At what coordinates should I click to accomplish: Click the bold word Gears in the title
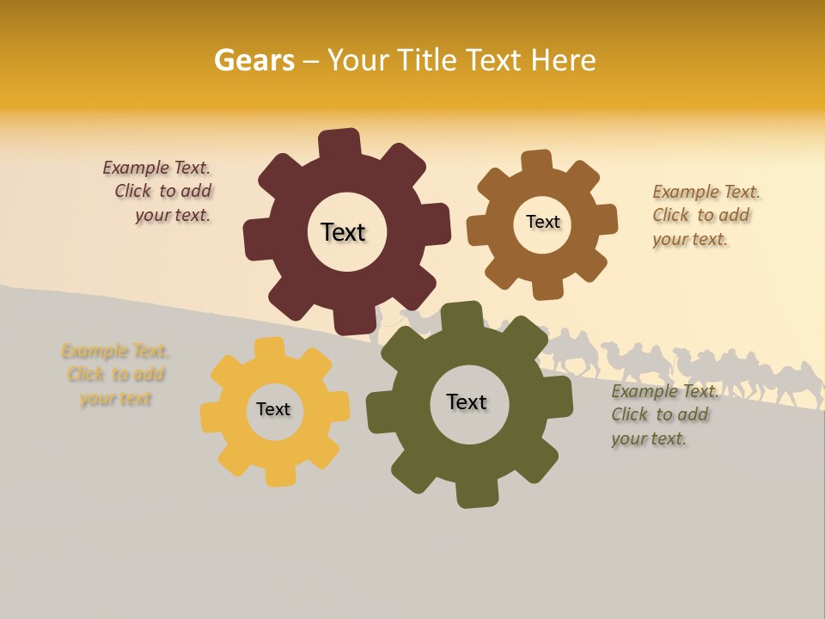[254, 60]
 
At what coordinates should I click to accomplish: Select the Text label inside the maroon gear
[343, 232]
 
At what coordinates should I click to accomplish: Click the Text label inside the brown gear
[542, 222]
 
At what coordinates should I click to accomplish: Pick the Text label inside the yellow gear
[273, 409]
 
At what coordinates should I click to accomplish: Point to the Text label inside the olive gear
[467, 402]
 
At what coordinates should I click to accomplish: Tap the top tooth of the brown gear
[536, 162]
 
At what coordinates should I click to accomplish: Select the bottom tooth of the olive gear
[474, 493]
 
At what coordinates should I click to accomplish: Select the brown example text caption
[706, 216]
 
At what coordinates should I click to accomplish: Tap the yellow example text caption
[115, 375]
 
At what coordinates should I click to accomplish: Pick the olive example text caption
[663, 415]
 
